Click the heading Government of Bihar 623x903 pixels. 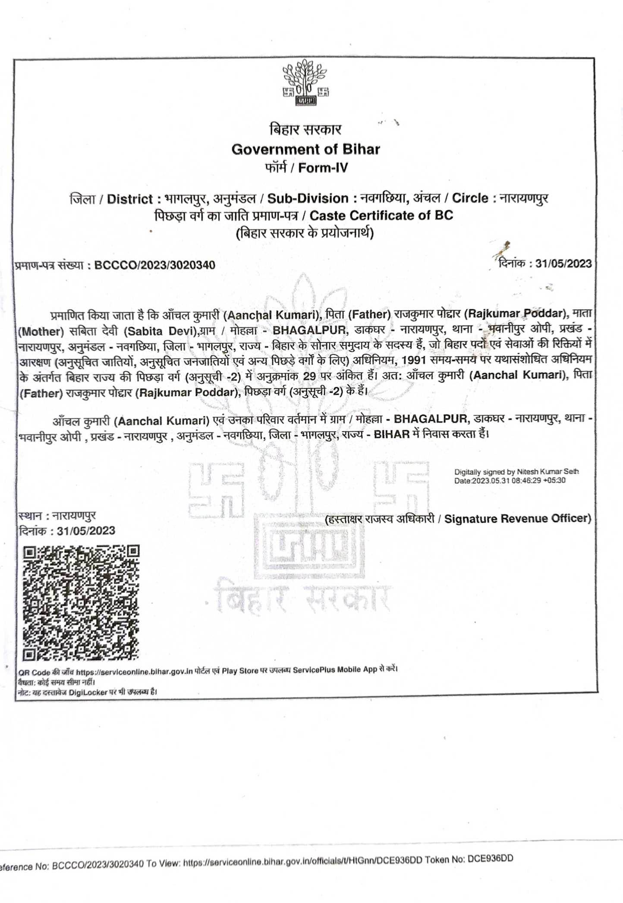pyautogui.click(x=305, y=149)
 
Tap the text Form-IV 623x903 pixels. pyautogui.click(x=323, y=168)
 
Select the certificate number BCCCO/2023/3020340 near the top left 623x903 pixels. pyautogui.click(x=154, y=265)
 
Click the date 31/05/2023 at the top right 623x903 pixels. pyautogui.click(x=563, y=263)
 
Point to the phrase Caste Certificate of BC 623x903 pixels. pyautogui.click(x=381, y=215)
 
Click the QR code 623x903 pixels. pyautogui.click(x=81, y=603)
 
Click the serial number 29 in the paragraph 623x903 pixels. pyautogui.click(x=309, y=376)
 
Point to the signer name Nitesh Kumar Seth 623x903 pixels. pyautogui.click(x=548, y=472)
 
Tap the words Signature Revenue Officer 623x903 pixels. pyautogui.click(x=517, y=518)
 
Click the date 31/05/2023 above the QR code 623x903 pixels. pyautogui.click(x=86, y=530)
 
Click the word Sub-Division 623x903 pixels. pyautogui.click(x=308, y=198)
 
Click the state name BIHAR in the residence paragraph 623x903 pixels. pyautogui.click(x=391, y=434)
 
